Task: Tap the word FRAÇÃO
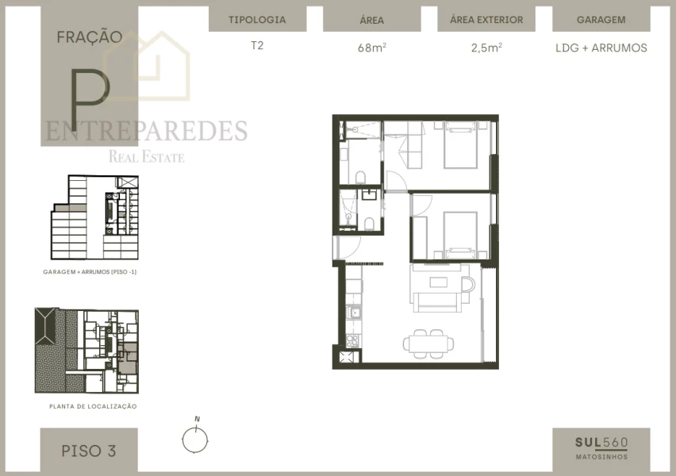[x=89, y=36]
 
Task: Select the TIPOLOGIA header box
[x=256, y=20]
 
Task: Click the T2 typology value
[x=256, y=46]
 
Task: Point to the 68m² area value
[x=371, y=48]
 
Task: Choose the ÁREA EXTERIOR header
[x=486, y=20]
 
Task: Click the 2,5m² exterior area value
[x=486, y=48]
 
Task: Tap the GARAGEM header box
[x=601, y=20]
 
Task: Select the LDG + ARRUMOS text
[x=601, y=48]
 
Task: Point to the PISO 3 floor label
[x=89, y=451]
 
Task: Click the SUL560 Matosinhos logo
[x=601, y=447]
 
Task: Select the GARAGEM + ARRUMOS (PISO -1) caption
[x=90, y=271]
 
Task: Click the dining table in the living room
[x=429, y=344]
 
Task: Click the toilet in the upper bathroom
[x=360, y=176]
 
